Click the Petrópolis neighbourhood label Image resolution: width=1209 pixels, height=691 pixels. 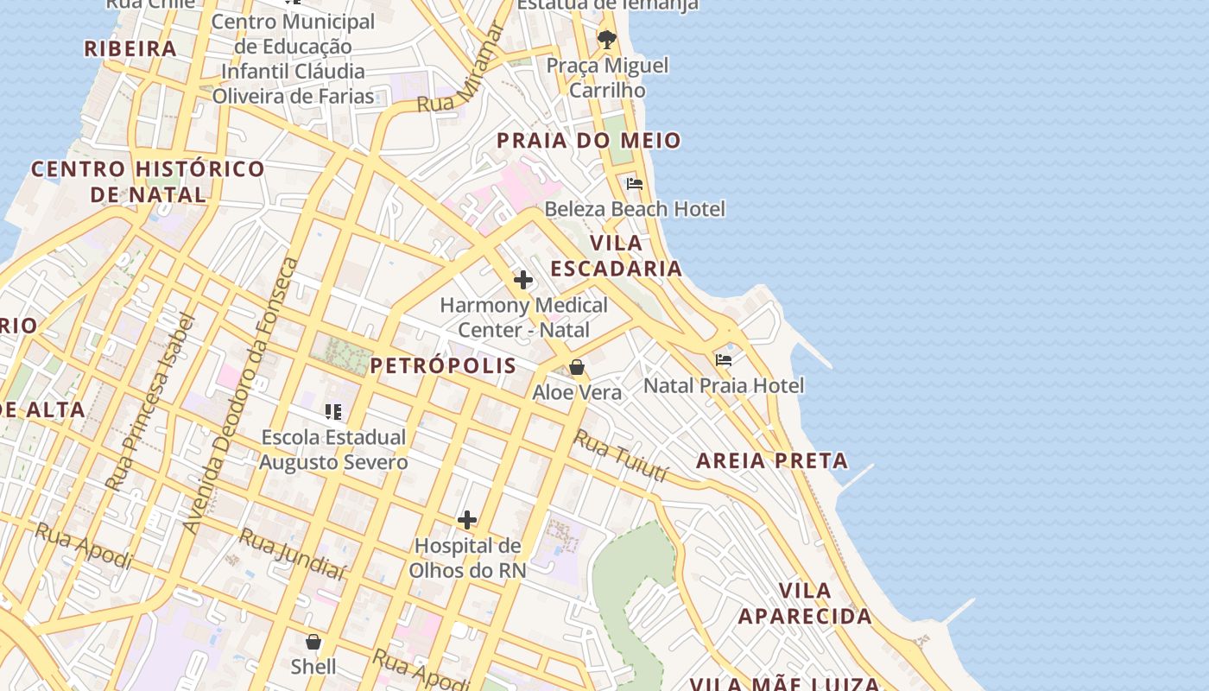[x=443, y=365]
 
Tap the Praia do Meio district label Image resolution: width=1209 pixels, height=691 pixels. [x=588, y=140]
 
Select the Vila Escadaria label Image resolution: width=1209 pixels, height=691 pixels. [x=617, y=256]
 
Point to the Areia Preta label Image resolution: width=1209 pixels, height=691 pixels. [x=772, y=460]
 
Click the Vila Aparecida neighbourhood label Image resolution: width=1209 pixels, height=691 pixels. [x=805, y=604]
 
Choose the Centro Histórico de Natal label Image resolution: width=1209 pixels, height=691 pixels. [x=148, y=181]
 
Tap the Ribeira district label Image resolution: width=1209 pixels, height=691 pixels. [x=130, y=48]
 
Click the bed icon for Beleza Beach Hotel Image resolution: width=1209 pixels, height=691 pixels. [x=635, y=183]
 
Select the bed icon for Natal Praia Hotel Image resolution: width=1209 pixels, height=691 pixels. [x=724, y=359]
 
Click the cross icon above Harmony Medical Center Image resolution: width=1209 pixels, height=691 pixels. [x=523, y=280]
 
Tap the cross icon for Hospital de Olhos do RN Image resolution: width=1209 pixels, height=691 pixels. [x=467, y=520]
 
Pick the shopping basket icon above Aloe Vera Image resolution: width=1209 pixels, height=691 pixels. [x=577, y=367]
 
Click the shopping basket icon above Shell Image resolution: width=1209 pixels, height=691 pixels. [x=313, y=642]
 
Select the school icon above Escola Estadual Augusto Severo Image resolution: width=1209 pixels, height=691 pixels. [x=333, y=412]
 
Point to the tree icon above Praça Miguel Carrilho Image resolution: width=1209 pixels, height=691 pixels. [x=607, y=39]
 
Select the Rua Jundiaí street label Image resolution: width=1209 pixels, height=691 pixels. [x=292, y=554]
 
